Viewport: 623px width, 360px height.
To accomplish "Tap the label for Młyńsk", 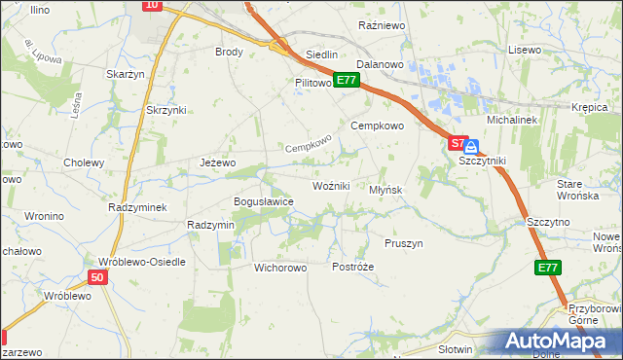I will (x=385, y=190).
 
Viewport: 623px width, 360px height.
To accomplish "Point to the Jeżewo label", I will (x=217, y=162).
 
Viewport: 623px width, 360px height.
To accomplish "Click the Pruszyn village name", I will (x=404, y=243).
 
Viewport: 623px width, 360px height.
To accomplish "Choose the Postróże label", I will (x=352, y=267).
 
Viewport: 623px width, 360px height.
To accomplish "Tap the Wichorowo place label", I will (x=280, y=267).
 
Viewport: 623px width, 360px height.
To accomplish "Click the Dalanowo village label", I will (x=380, y=64).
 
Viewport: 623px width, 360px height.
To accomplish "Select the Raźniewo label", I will (x=382, y=24).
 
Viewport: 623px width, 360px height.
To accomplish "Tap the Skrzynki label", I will (x=165, y=110).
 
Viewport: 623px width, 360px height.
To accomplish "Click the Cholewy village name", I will (x=83, y=162).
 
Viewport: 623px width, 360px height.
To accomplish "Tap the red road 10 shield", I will (x=151, y=5).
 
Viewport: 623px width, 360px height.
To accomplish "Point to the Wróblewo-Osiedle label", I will (x=135, y=262).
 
